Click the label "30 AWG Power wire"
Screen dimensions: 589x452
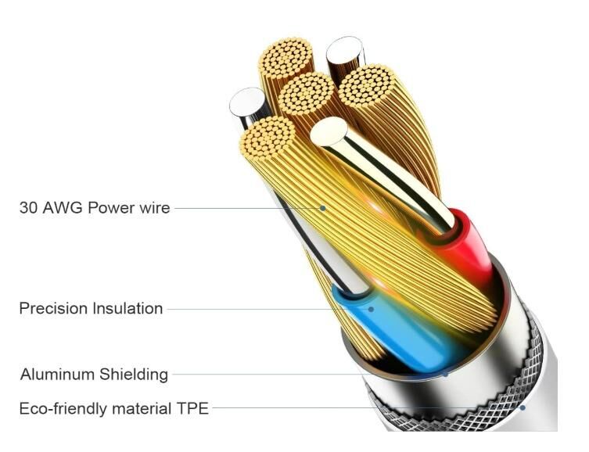coord(95,208)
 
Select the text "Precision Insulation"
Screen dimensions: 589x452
coord(91,309)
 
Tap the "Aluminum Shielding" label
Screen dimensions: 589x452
coord(95,375)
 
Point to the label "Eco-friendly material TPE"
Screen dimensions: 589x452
coord(114,408)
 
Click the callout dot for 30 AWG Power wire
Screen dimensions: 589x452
coord(323,208)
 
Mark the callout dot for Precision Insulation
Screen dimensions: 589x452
coord(371,310)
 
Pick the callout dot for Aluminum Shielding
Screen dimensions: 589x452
coord(446,375)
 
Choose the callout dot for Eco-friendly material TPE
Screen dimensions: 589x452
coord(523,407)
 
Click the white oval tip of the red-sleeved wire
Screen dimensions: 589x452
coord(329,131)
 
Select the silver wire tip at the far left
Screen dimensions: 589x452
coord(247,102)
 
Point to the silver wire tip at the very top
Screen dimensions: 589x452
coord(344,50)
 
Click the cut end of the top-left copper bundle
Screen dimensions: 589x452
coord(286,59)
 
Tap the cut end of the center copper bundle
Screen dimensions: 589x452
coord(306,94)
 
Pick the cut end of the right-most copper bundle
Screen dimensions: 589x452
coord(367,86)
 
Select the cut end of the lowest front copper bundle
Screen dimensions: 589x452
coord(268,138)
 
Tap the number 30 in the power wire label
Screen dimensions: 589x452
coord(28,208)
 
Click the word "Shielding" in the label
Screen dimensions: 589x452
coord(133,375)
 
